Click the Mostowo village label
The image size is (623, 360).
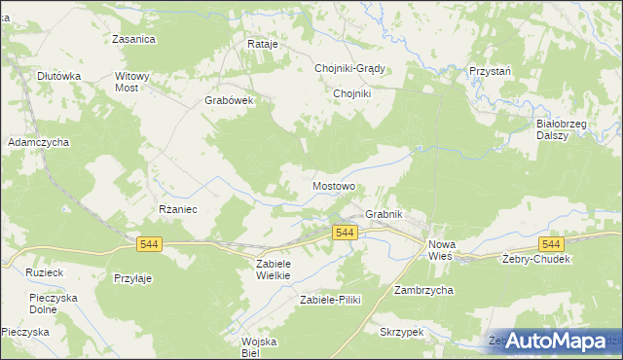(334, 185)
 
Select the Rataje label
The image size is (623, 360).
(263, 45)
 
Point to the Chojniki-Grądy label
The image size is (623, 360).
(350, 68)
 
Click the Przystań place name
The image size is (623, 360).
(490, 71)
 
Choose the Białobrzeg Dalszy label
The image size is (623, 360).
(559, 129)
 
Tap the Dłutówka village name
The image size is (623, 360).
(58, 75)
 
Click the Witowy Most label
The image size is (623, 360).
(132, 82)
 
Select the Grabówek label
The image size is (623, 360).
(229, 100)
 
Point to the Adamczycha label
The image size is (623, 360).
(39, 142)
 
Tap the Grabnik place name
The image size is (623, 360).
(384, 214)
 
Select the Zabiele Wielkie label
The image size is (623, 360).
(274, 270)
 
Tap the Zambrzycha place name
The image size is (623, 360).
(423, 290)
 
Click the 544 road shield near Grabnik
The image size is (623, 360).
(346, 233)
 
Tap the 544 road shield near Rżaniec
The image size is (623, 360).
(149, 244)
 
